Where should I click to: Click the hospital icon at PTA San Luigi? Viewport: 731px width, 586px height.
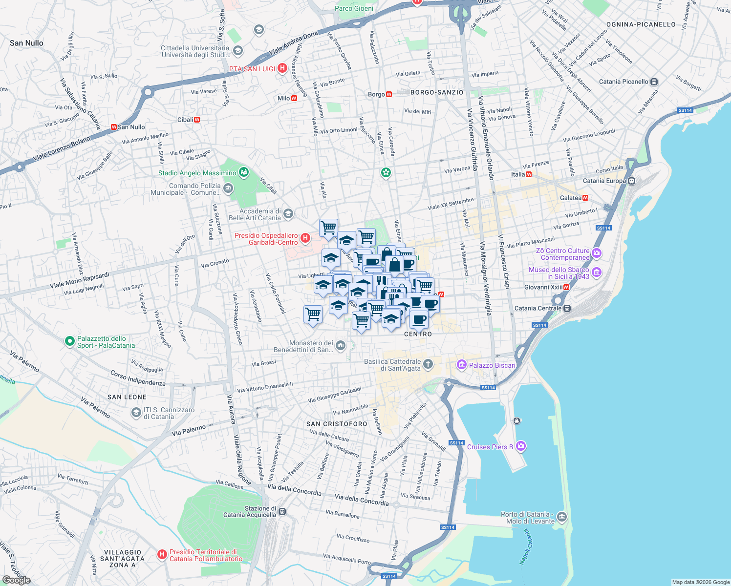[282, 68]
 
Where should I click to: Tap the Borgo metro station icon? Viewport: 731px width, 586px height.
[389, 94]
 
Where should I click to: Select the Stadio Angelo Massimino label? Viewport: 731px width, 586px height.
[197, 173]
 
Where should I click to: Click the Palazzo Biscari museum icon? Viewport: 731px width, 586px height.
[461, 365]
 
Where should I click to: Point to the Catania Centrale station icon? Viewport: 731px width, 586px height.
[567, 308]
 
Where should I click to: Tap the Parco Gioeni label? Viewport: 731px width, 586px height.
[354, 8]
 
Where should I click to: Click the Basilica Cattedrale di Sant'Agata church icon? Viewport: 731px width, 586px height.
[428, 364]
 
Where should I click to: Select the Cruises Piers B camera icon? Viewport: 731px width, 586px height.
[521, 446]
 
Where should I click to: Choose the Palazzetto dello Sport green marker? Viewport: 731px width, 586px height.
[70, 341]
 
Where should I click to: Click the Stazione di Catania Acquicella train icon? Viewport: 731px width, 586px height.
[282, 512]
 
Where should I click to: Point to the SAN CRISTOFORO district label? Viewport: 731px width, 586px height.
[337, 424]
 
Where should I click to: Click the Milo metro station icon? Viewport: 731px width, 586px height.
[294, 98]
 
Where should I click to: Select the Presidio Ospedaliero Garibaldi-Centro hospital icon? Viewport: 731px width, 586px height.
[305, 238]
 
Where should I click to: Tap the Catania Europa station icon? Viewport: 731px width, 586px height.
[632, 181]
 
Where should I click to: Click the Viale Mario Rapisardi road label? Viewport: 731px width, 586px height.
[79, 280]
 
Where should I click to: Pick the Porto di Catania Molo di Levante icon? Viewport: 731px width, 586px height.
[562, 517]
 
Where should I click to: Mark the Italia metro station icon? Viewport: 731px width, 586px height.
[528, 174]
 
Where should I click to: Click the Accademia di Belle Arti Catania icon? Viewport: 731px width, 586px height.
[288, 213]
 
